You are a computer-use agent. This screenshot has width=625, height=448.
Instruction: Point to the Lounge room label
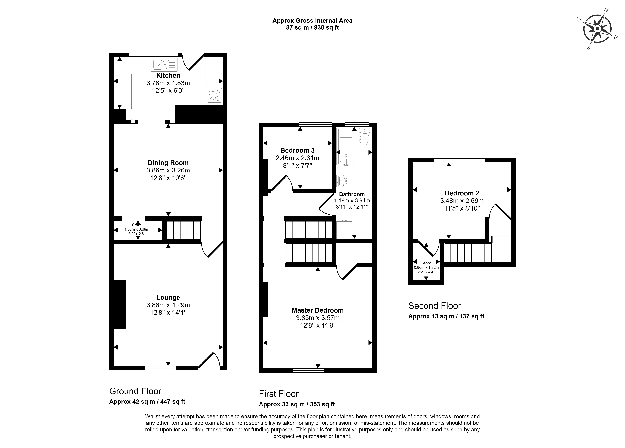tap(168, 297)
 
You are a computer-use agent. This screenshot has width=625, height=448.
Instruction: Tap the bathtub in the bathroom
tap(346, 147)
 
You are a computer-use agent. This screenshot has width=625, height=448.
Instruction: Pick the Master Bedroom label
tap(318, 310)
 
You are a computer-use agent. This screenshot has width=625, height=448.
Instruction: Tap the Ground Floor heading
tap(135, 391)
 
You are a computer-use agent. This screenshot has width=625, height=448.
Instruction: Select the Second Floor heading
tap(435, 306)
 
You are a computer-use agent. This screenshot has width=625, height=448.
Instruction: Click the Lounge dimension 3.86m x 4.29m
tap(168, 305)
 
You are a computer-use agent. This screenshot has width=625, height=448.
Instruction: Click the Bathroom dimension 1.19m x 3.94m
tap(352, 201)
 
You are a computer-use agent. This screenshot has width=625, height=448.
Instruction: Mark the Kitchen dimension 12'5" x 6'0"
tap(168, 90)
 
